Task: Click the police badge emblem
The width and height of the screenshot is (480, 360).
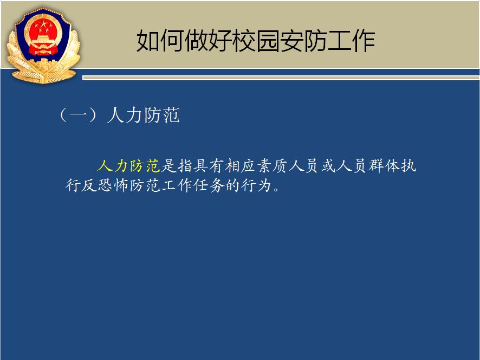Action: (x=43, y=46)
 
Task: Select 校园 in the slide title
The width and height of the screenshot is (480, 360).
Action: (x=256, y=41)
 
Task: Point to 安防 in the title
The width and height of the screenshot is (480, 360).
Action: (x=303, y=41)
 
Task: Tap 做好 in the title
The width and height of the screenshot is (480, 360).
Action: (x=208, y=41)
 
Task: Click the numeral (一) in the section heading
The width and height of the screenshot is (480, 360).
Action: (x=79, y=115)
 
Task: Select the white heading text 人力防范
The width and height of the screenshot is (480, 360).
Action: (x=143, y=115)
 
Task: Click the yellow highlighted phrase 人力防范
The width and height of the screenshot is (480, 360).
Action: (x=129, y=166)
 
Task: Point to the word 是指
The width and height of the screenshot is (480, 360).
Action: (x=177, y=166)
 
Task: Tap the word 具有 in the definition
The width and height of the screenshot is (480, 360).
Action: (x=209, y=166)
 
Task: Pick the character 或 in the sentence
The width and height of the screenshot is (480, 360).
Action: (x=328, y=166)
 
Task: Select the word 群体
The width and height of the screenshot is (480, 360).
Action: (x=384, y=166)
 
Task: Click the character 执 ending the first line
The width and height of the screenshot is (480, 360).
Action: (x=408, y=166)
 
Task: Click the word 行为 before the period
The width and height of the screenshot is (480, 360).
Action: (x=257, y=185)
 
